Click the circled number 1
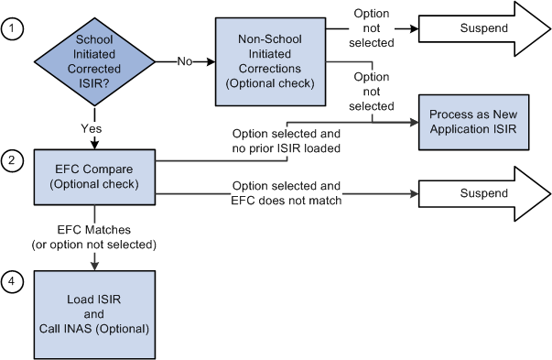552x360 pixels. click(13, 30)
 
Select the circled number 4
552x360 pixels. click(13, 283)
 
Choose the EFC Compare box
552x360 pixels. click(95, 176)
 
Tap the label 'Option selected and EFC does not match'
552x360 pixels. click(287, 192)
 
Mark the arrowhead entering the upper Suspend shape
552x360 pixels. click(413, 30)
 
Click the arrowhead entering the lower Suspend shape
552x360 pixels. click(413, 193)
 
